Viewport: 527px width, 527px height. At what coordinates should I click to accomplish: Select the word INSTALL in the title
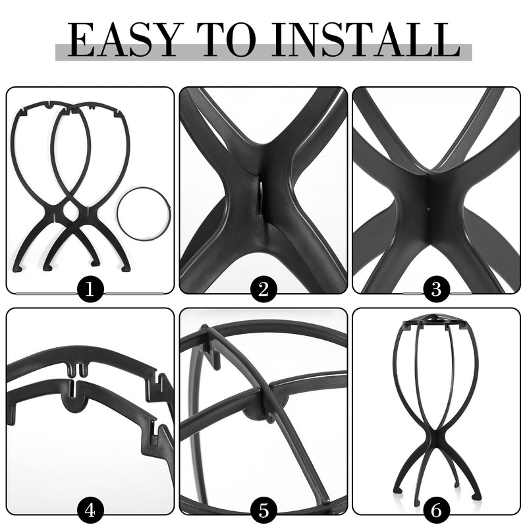point(366,41)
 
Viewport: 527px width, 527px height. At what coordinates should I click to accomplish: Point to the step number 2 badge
point(263,289)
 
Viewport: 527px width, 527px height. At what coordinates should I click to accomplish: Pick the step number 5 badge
point(263,510)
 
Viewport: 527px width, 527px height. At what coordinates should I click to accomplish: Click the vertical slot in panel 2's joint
point(262,197)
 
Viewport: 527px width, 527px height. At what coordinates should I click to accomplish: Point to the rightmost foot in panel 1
point(126,267)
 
